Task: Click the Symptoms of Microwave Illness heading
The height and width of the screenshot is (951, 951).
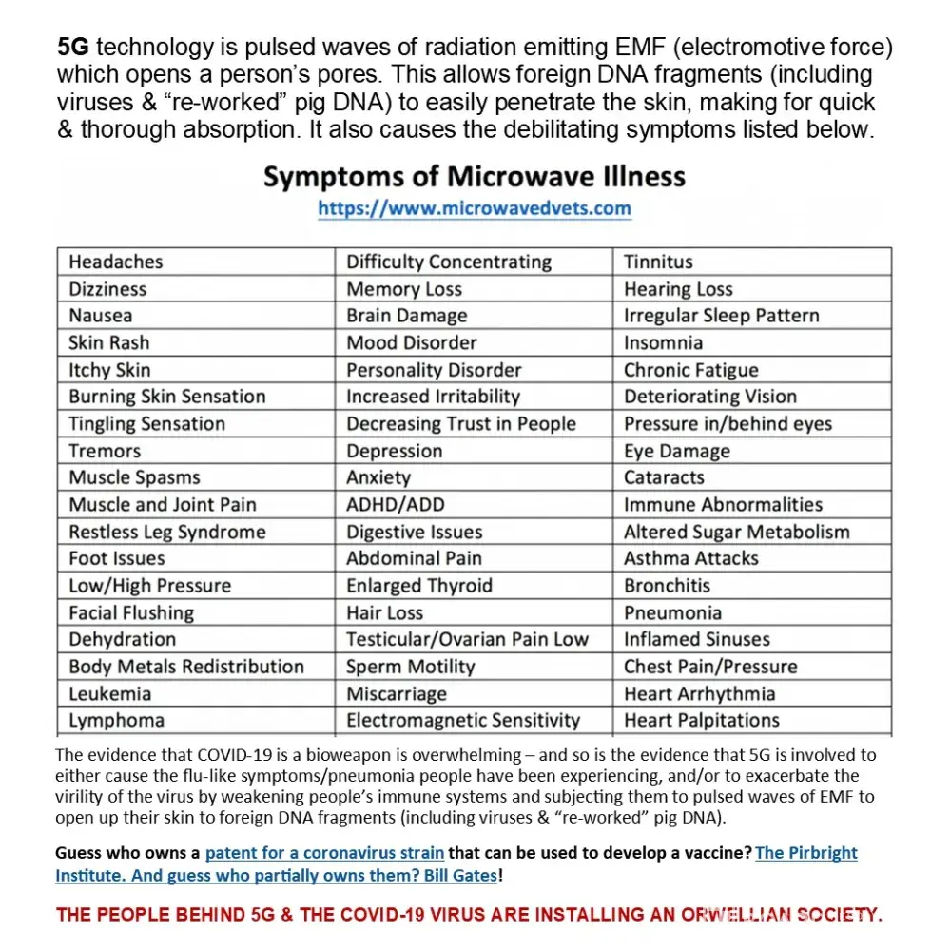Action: [474, 177]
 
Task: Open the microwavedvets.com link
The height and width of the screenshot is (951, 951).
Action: [474, 208]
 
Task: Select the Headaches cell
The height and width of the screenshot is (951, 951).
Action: [116, 262]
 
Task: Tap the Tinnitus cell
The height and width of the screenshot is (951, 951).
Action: [658, 262]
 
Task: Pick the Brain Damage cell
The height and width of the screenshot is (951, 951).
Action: [406, 316]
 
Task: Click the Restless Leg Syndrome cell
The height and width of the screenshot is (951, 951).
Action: [167, 532]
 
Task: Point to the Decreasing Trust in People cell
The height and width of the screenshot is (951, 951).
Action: [460, 424]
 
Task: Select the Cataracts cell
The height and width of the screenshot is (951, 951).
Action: [664, 477]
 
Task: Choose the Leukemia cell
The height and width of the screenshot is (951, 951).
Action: [110, 693]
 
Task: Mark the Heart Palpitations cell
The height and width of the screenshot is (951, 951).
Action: [702, 720]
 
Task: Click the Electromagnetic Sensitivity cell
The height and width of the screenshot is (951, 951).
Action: [462, 720]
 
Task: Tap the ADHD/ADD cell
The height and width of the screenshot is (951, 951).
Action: [395, 505]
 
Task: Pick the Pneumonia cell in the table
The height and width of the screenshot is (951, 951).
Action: [672, 612]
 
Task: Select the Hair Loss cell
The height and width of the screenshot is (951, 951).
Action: [384, 612]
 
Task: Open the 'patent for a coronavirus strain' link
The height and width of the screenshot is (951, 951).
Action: [325, 852]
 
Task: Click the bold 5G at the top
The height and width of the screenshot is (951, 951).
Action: [74, 48]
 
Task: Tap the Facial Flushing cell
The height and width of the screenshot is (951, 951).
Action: [131, 612]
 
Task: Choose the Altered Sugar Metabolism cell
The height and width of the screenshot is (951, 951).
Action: [736, 532]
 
